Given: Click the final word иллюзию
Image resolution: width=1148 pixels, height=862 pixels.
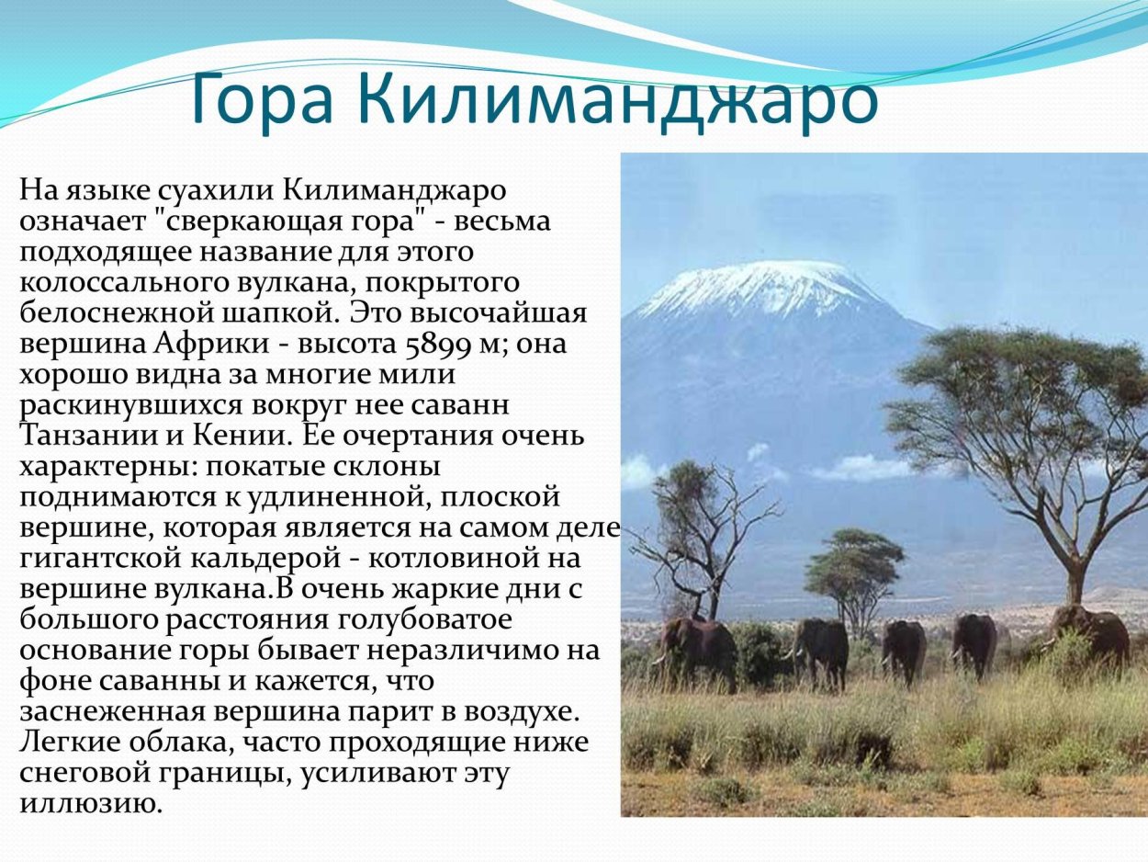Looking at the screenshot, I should point(92,803).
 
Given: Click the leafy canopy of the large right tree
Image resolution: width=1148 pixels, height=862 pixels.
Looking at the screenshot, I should point(1019,386).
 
